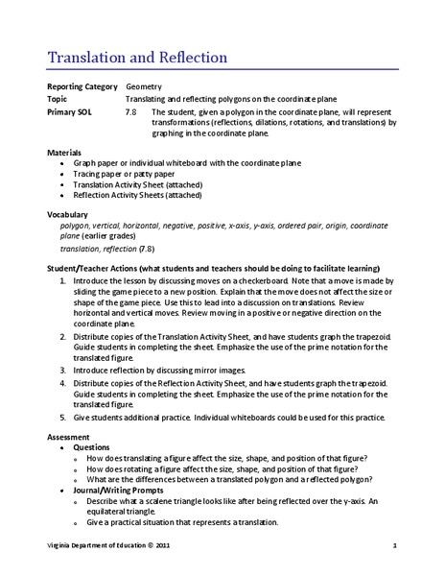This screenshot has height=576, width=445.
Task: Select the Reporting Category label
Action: (82, 86)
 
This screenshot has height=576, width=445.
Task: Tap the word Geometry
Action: (144, 86)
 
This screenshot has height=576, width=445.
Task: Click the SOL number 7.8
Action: (131, 110)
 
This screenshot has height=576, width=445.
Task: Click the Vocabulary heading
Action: (68, 213)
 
